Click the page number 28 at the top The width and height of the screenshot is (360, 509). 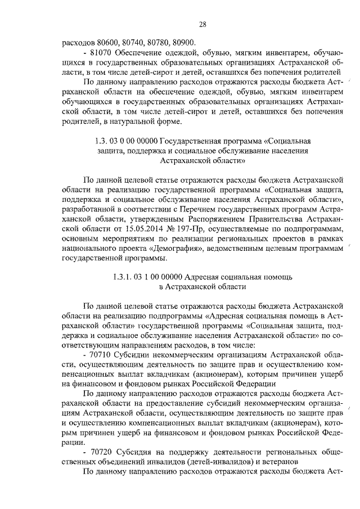204,24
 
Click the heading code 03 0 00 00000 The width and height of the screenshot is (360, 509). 132,140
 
